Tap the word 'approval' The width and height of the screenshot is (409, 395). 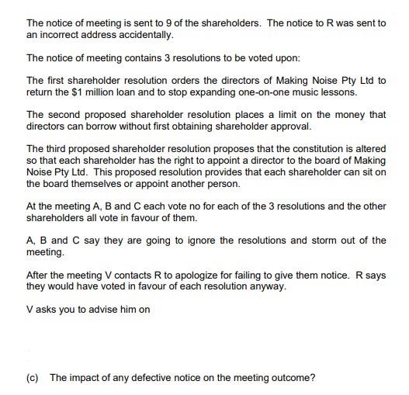pyautogui.click(x=293, y=126)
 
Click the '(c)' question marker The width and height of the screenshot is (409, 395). pyautogui.click(x=33, y=378)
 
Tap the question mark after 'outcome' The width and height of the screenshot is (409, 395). pyautogui.click(x=313, y=378)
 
